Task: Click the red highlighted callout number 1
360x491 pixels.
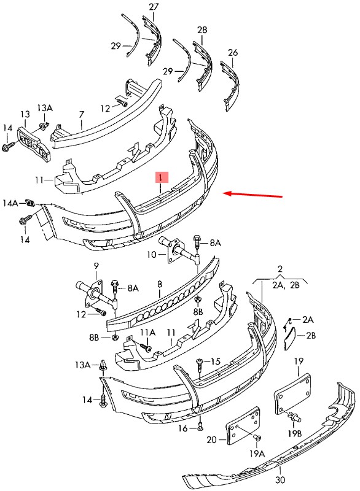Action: click(161, 178)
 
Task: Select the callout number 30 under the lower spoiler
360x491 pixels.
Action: click(280, 479)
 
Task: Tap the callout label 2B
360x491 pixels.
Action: click(311, 336)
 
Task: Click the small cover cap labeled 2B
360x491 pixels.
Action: click(289, 338)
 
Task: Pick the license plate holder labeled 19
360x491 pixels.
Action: click(292, 394)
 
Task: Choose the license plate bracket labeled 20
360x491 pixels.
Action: click(243, 425)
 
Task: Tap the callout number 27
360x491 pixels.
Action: click(154, 7)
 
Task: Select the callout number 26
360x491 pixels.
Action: click(233, 52)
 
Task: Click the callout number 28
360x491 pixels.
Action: click(202, 30)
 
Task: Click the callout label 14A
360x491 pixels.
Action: click(10, 203)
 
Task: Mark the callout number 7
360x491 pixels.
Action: click(82, 115)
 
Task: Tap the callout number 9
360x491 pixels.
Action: click(96, 266)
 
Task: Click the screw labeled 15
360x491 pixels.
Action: click(199, 365)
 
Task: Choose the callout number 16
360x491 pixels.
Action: click(182, 428)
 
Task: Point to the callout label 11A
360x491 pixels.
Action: click(147, 332)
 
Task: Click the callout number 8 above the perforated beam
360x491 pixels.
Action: click(160, 284)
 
